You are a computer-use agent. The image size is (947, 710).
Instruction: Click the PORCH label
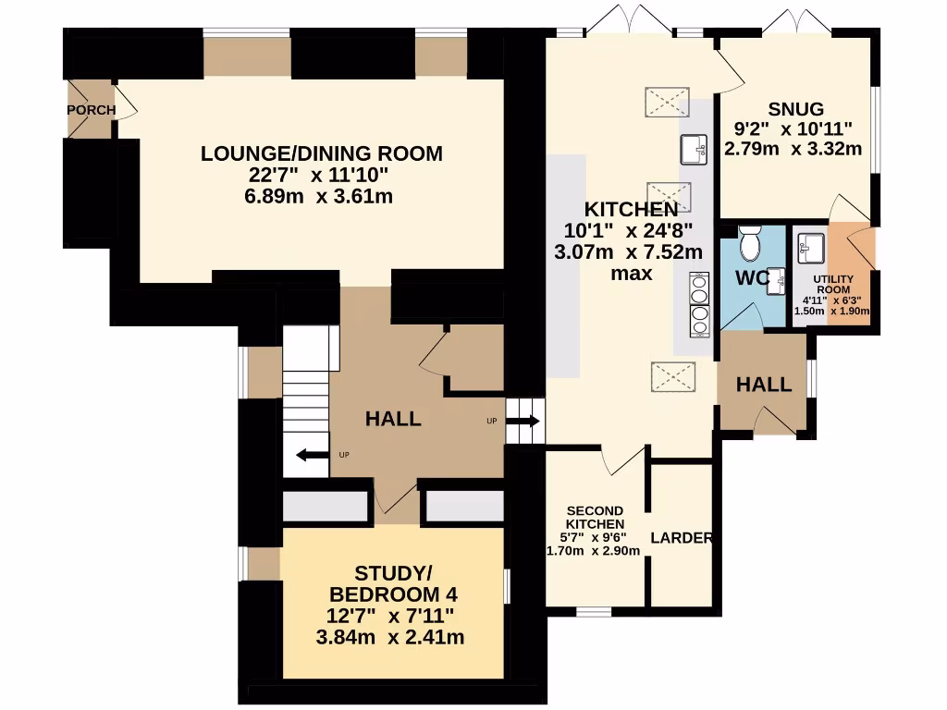click(x=92, y=110)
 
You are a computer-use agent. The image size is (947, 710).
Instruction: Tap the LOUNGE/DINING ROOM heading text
click(x=321, y=153)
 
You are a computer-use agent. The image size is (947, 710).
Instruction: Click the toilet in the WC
click(x=751, y=243)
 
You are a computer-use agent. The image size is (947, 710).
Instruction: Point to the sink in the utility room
click(x=811, y=249)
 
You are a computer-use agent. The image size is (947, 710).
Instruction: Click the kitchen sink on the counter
click(x=694, y=150)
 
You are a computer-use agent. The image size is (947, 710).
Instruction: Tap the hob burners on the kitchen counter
click(x=700, y=305)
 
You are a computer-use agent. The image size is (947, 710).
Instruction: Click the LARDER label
click(x=682, y=537)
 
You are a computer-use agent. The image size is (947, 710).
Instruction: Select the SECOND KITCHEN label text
click(x=595, y=518)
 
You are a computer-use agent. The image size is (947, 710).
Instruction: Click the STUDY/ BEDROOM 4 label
click(x=393, y=583)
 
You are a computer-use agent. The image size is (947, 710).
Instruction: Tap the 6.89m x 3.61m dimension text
click(x=318, y=196)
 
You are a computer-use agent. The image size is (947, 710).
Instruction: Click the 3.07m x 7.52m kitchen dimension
click(x=628, y=251)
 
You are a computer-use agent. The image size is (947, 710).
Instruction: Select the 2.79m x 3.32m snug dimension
click(x=793, y=149)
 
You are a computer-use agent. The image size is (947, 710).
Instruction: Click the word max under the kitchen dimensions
click(x=632, y=274)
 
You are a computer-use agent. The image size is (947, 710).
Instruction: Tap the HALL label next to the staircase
click(x=393, y=419)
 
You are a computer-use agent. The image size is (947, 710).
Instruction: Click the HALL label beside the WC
click(x=763, y=385)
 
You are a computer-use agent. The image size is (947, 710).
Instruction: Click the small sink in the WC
click(x=776, y=281)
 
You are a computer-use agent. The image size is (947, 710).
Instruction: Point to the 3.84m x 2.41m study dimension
click(x=390, y=637)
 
